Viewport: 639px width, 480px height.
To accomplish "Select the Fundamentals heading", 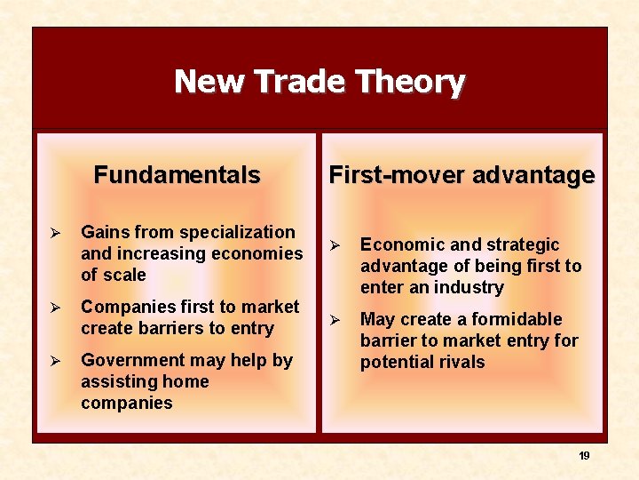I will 177,175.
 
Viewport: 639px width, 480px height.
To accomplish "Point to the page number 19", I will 584,455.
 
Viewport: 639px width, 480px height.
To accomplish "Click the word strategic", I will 526,244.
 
